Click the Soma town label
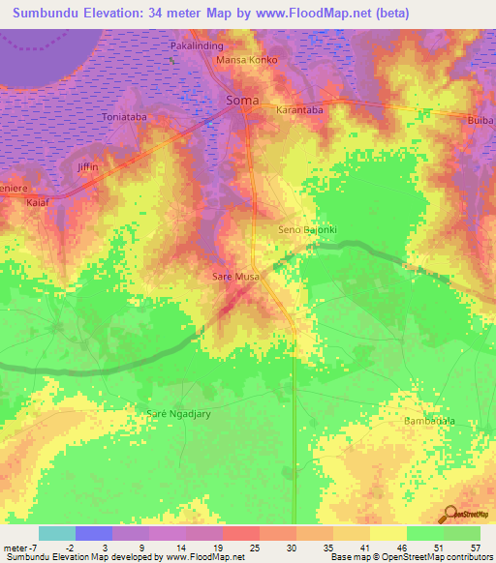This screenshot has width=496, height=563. click(241, 100)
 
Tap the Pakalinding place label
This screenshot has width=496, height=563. click(198, 45)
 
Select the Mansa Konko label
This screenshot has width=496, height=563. click(247, 60)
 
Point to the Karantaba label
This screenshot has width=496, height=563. click(299, 110)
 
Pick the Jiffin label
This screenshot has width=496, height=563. click(88, 167)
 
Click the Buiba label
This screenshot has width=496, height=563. click(480, 121)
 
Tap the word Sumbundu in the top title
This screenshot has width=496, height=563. click(49, 14)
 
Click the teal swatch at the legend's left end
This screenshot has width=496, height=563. click(56, 533)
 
